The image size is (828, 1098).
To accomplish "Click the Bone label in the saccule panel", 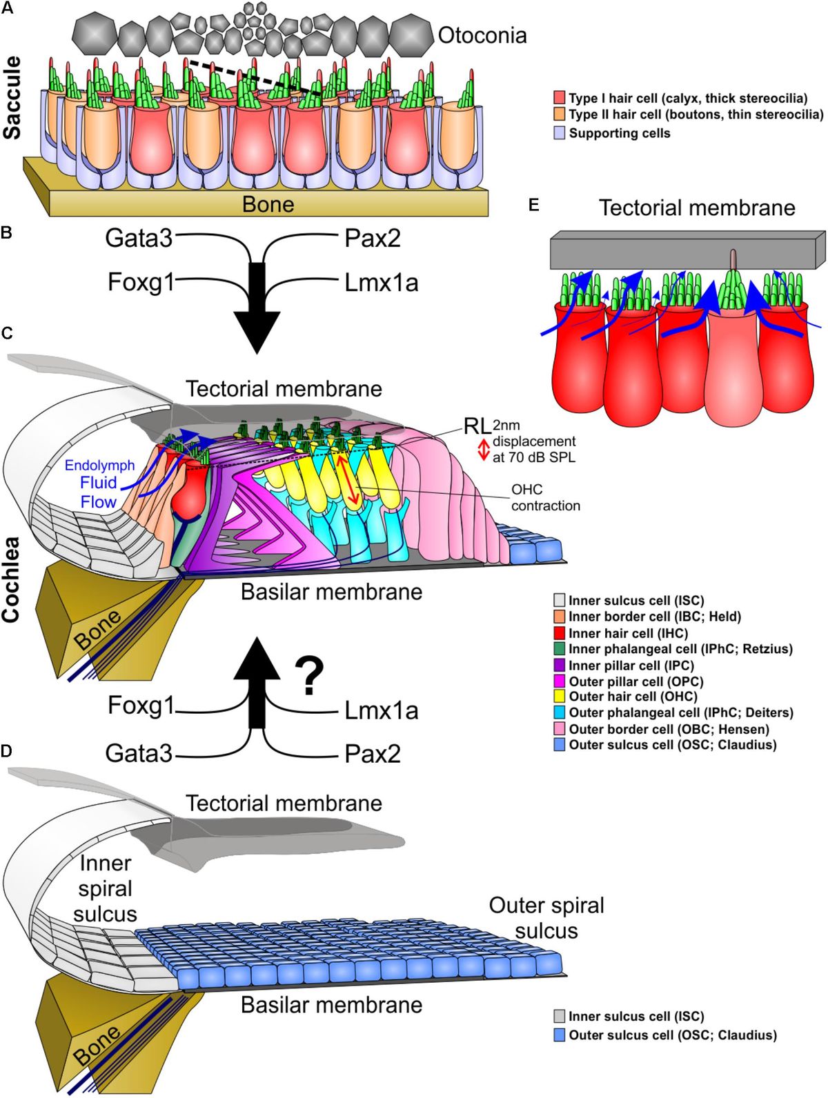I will click(268, 204).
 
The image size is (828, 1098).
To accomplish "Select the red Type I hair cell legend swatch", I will click(560, 99).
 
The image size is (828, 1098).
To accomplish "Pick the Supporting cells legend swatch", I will click(560, 133).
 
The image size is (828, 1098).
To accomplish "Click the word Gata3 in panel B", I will click(139, 239).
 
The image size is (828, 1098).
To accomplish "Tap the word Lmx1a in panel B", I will click(382, 283).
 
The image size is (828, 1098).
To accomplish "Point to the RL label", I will click(476, 426).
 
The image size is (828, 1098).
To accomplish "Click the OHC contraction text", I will click(545, 497).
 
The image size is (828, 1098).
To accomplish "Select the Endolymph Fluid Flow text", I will click(99, 483).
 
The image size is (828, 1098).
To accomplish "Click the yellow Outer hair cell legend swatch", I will click(560, 697).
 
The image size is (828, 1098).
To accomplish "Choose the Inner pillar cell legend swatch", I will click(560, 665).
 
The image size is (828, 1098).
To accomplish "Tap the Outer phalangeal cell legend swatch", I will click(560, 712).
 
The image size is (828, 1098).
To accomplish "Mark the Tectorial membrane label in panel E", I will click(697, 208).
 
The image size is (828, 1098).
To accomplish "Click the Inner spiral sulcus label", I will click(105, 888).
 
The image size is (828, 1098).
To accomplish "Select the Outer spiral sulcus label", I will click(546, 918).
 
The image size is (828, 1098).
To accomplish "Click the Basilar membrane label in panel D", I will click(331, 1005).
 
